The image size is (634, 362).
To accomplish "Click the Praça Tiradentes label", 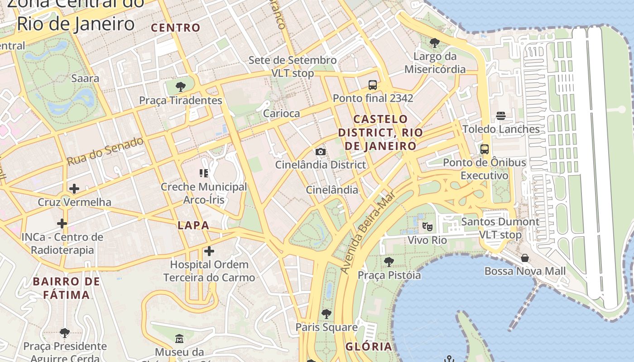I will pyautogui.click(x=180, y=100).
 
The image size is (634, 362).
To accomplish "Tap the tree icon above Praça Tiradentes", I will pyautogui.click(x=180, y=86).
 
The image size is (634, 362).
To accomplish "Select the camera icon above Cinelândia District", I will pyautogui.click(x=320, y=152).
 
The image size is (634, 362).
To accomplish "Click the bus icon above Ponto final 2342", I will pyautogui.click(x=373, y=85).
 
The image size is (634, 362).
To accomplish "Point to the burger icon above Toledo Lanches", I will pyautogui.click(x=500, y=116).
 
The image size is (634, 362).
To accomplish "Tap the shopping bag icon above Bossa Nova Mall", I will pyautogui.click(x=525, y=258).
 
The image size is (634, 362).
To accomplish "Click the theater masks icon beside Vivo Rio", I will pyautogui.click(x=427, y=226).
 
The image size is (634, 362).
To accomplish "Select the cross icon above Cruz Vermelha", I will pyautogui.click(x=74, y=189).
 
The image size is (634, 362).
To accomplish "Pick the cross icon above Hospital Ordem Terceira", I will pyautogui.click(x=209, y=251).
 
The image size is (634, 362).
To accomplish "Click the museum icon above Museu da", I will pyautogui.click(x=179, y=338).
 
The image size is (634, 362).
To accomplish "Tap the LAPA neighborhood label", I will pyautogui.click(x=193, y=225).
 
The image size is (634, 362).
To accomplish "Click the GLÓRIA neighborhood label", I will pyautogui.click(x=369, y=347).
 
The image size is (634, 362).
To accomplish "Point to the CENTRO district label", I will pyautogui.click(x=176, y=28).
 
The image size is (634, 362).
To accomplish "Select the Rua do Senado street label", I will pyautogui.click(x=105, y=151).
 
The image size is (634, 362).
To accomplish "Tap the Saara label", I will pyautogui.click(x=85, y=78).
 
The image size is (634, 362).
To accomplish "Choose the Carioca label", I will pyautogui.click(x=281, y=114).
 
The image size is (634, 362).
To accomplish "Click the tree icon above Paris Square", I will pyautogui.click(x=326, y=314).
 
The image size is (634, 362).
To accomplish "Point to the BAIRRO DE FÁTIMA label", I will pyautogui.click(x=66, y=288).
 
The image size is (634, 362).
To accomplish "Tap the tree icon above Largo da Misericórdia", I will pyautogui.click(x=435, y=43).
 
